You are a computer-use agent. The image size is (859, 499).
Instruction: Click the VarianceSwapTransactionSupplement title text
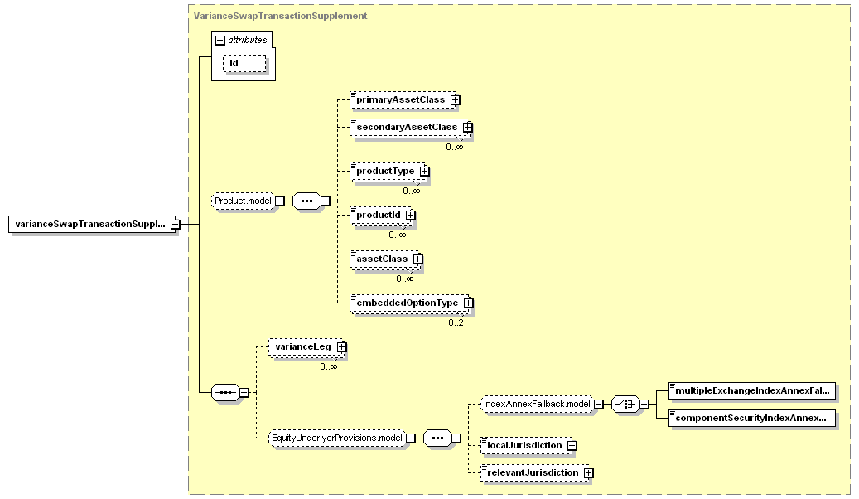point(280,16)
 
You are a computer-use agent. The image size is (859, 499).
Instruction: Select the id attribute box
point(244,63)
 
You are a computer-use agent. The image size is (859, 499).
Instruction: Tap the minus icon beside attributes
point(220,40)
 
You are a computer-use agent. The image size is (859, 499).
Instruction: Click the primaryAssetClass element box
point(405,99)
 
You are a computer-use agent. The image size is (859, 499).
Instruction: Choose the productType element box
point(389,171)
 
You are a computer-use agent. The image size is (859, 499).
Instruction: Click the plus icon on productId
point(410,215)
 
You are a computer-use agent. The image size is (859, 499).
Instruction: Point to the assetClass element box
point(386,259)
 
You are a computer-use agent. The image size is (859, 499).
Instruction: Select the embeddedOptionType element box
point(412,303)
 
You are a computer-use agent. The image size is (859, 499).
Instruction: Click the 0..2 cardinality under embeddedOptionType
point(456,322)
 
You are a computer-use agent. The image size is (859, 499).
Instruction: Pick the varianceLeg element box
point(307,347)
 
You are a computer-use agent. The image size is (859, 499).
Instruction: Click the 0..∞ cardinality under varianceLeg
point(329,366)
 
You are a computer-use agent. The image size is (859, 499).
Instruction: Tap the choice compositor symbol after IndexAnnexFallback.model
point(625,405)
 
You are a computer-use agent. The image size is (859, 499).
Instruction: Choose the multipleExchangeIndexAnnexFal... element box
point(752,391)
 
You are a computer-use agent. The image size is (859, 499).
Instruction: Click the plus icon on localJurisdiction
point(572,446)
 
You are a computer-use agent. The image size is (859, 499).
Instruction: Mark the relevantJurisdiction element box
point(537,472)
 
